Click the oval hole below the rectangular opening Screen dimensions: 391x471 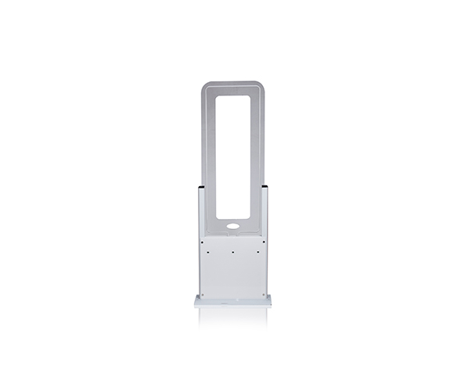[232, 228]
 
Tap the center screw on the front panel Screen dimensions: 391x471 [232, 253]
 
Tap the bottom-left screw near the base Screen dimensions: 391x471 [203, 295]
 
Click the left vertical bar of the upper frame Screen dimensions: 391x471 [208, 156]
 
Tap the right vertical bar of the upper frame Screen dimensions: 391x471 [256, 156]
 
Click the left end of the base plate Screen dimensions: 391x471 [197, 301]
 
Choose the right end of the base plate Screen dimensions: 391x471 [268, 301]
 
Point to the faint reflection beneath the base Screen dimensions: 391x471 [232, 314]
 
